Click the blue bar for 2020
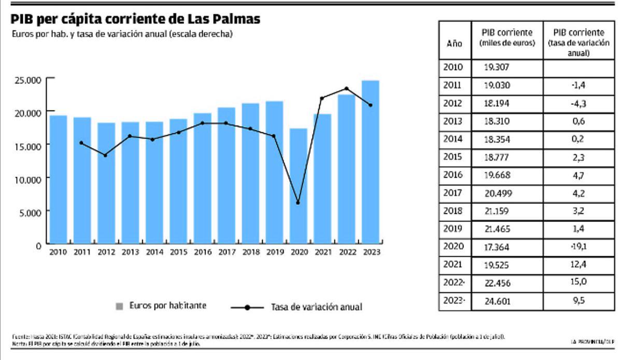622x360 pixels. point(298,187)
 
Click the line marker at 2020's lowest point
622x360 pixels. point(298,202)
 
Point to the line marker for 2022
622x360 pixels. point(346,89)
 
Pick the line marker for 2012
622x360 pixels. point(105,155)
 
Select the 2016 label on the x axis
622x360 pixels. point(202,252)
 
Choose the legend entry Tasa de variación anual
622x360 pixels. point(316,307)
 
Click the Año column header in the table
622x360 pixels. point(454,44)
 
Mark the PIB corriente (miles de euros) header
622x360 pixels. point(507,38)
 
